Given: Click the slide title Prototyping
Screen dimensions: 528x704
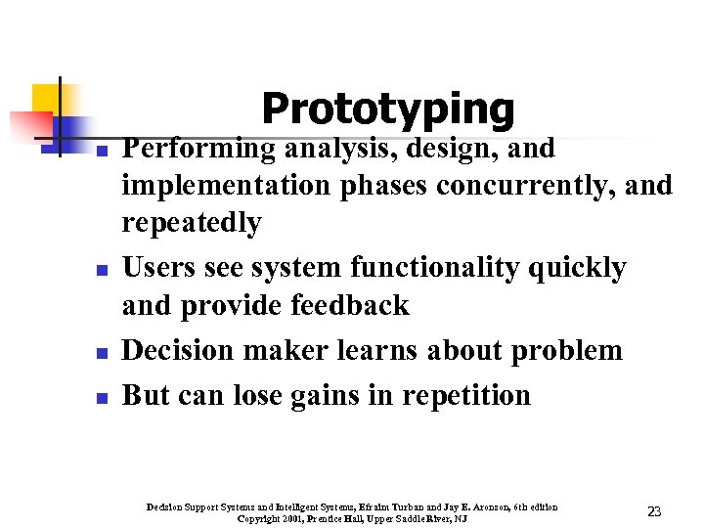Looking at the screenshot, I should pyautogui.click(x=387, y=109).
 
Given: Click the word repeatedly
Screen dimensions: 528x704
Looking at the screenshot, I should pyautogui.click(x=192, y=224).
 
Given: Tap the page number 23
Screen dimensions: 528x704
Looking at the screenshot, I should pyautogui.click(x=654, y=512).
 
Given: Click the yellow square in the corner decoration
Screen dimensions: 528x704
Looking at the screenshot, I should pyautogui.click(x=45, y=98).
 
